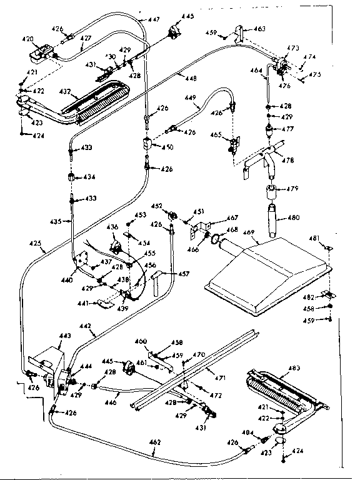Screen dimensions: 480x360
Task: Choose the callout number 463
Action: click(259, 29)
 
